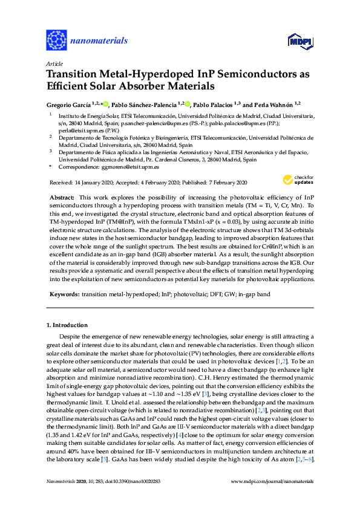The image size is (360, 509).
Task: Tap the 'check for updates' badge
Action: click(299, 180)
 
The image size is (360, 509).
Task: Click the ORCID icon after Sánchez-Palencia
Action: click(187, 103)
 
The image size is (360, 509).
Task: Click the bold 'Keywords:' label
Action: click(62, 294)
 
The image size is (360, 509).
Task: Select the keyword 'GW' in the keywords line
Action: click(239, 294)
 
